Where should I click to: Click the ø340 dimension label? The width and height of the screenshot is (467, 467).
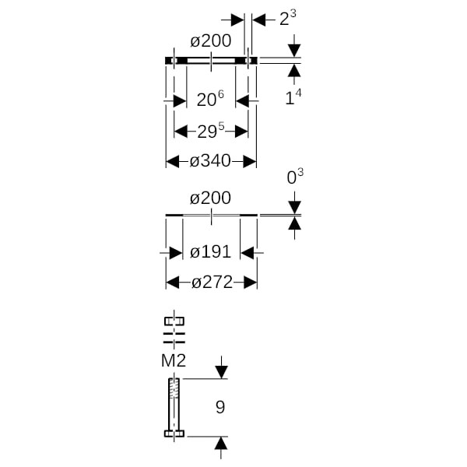210,161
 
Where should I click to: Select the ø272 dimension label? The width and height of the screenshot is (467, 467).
212,283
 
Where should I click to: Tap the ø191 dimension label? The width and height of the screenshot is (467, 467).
211,252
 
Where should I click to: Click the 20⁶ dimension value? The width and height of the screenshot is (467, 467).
210,100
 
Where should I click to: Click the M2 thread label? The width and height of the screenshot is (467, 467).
174,360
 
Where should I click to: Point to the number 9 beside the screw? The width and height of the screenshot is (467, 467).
220,407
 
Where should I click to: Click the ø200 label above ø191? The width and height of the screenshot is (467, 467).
211,198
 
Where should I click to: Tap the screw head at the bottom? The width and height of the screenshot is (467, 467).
174,434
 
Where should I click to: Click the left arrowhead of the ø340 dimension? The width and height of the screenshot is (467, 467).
171,161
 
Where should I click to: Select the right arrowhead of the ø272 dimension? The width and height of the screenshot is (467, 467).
251,283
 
